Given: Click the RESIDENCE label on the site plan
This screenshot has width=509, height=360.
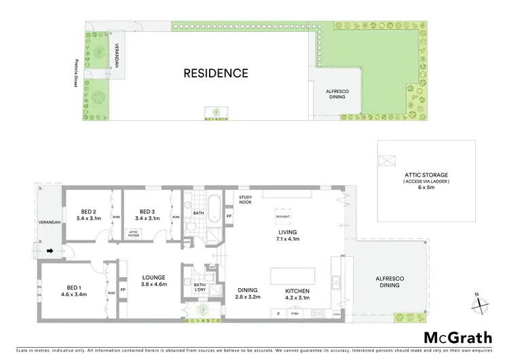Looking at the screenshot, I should click(216, 73).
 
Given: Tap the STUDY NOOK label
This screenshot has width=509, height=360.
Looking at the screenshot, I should click(246, 200).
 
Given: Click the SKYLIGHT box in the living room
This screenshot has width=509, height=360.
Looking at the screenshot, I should click(283, 217).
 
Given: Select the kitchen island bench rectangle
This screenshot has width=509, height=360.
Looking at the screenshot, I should click(293, 276).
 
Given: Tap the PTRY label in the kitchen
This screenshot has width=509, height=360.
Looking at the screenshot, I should click(295, 314).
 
